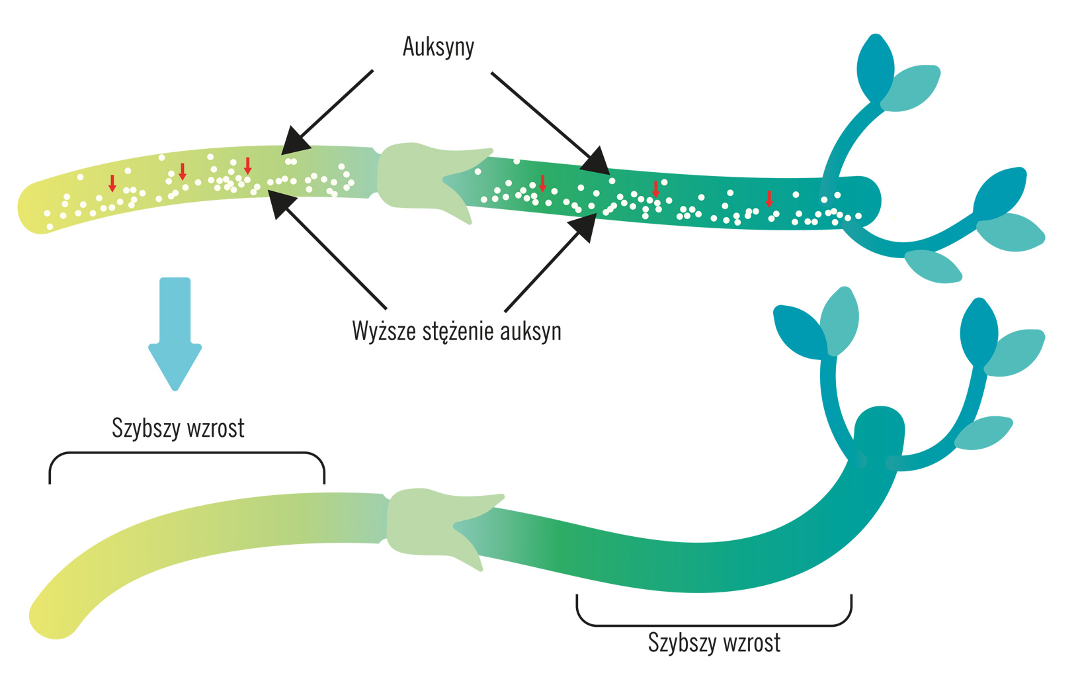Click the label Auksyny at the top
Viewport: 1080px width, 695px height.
438,47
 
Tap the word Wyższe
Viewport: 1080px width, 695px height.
384,330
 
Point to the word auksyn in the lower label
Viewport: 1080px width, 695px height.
530,331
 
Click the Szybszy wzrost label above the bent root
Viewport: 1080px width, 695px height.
178,428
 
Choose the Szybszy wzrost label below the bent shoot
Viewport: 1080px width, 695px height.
714,643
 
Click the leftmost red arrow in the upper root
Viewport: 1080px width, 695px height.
112,183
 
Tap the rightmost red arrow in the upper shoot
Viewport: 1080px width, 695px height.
768,198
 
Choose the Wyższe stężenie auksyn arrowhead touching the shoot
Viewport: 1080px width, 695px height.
583,227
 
